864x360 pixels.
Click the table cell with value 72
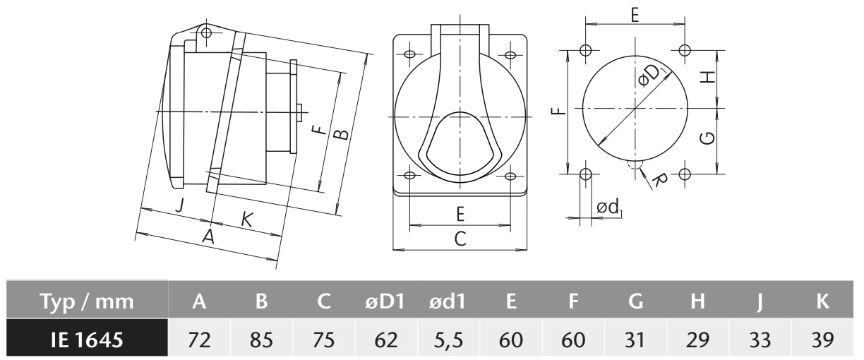(x=199, y=340)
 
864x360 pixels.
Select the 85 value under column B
(x=261, y=340)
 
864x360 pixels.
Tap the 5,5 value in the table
(x=448, y=340)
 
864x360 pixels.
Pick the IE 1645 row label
(x=87, y=340)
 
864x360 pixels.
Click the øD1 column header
(x=385, y=301)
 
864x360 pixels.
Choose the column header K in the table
(x=822, y=301)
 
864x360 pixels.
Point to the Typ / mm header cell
(x=87, y=301)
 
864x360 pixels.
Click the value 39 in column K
(x=822, y=340)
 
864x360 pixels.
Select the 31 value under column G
(x=635, y=340)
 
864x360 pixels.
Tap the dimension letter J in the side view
(x=179, y=205)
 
